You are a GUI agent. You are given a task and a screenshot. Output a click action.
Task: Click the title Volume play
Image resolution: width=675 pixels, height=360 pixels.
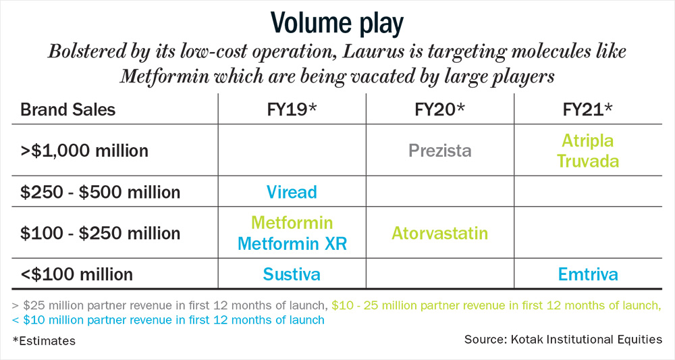click(337, 24)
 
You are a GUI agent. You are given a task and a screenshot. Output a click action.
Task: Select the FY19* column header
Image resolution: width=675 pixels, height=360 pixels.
click(292, 109)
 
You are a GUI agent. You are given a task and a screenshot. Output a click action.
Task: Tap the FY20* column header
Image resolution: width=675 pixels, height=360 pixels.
click(439, 109)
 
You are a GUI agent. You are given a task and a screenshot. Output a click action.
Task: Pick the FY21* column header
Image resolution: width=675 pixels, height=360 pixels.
click(588, 109)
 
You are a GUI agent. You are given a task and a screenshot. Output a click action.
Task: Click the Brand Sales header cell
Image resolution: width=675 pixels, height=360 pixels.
click(68, 109)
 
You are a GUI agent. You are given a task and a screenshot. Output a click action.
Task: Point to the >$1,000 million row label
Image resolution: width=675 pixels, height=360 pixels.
click(84, 151)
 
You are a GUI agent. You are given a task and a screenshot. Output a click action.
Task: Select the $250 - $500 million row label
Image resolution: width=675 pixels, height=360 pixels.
click(101, 192)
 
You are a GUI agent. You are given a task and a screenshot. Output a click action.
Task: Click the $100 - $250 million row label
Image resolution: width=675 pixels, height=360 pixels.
click(101, 233)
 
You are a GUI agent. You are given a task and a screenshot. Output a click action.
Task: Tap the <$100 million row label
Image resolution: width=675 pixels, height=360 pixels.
click(77, 274)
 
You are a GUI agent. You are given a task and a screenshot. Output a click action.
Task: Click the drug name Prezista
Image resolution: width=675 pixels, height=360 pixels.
click(440, 151)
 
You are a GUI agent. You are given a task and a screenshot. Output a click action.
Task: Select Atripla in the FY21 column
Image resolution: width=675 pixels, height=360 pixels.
click(588, 140)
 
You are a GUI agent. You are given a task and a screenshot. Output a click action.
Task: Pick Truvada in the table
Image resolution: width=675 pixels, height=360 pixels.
click(588, 161)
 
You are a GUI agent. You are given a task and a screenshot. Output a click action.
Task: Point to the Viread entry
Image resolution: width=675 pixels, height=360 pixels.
click(292, 192)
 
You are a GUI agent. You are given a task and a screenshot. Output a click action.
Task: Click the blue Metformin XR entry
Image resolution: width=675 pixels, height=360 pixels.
click(292, 244)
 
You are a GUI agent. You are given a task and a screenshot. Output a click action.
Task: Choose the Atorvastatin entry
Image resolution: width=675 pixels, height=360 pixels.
click(440, 234)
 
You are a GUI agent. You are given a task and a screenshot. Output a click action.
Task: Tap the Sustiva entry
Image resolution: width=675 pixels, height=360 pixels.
click(292, 274)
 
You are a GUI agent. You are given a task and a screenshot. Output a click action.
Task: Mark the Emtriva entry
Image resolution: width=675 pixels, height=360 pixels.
click(588, 274)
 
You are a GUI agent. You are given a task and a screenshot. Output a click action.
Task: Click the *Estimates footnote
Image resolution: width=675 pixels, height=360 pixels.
click(44, 341)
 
